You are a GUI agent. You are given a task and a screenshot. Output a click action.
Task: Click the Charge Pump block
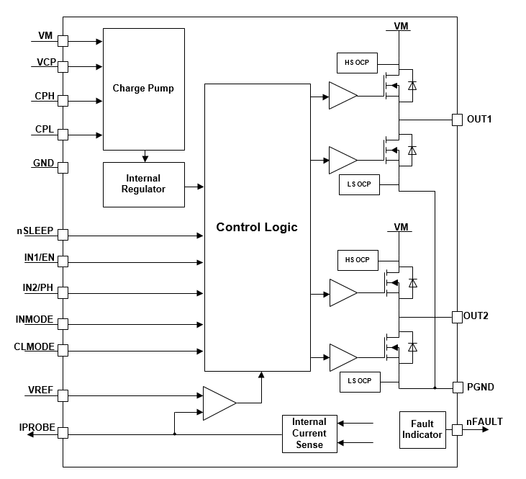point(144,88)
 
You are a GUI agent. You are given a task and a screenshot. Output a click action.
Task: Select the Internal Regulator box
point(144,184)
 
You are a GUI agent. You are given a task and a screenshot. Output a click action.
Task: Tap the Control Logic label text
point(257,228)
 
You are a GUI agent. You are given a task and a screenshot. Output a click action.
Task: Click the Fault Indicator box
point(422,430)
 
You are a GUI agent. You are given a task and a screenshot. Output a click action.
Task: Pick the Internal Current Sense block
point(309,434)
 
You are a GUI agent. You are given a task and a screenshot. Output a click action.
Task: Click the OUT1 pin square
point(456,120)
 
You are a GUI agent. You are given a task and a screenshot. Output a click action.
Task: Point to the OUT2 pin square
point(456,316)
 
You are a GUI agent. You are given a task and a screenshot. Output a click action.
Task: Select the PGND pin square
point(456,388)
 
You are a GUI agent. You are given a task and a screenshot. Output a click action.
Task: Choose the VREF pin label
point(40,390)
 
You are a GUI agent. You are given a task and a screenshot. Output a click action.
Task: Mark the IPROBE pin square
point(63,433)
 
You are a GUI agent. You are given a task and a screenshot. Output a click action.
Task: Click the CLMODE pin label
point(35,347)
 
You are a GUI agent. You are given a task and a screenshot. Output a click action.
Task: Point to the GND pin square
point(63,168)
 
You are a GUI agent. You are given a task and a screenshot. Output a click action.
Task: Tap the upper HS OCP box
point(357,63)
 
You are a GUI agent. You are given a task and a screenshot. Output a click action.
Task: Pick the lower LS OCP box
point(359,380)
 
